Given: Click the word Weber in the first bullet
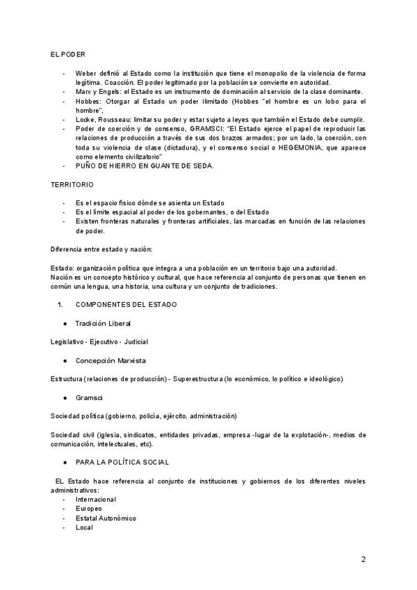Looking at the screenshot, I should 86,73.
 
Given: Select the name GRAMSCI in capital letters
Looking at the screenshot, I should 206,129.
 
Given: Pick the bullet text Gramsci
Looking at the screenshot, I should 89,397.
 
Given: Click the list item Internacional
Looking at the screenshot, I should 96,499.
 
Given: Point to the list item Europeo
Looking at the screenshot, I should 88,509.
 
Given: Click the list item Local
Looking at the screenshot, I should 84,527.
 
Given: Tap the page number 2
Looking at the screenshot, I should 363,559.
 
